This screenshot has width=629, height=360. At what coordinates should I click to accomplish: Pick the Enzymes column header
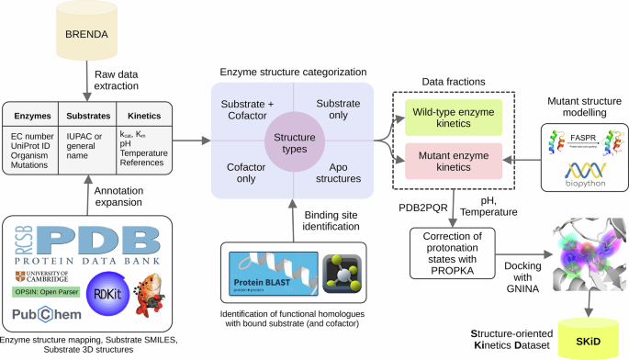34,118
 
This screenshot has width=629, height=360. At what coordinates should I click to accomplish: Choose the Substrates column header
89,118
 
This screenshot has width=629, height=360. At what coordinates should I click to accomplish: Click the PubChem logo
45,315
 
